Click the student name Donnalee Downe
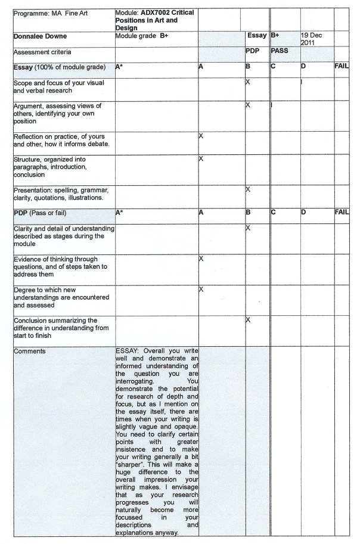pos(41,36)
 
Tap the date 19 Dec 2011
pos(312,39)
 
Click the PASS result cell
pos(280,51)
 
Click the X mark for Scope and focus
pos(248,81)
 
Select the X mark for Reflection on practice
pos(201,136)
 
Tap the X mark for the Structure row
pos(201,159)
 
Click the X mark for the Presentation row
pos(248,189)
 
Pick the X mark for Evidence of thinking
pos(201,259)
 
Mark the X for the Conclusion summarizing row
pos(248,320)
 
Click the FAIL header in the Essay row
pos(342,66)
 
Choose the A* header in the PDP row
pos(119,212)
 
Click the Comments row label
pos(30,351)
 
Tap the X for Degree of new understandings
pos(201,289)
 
